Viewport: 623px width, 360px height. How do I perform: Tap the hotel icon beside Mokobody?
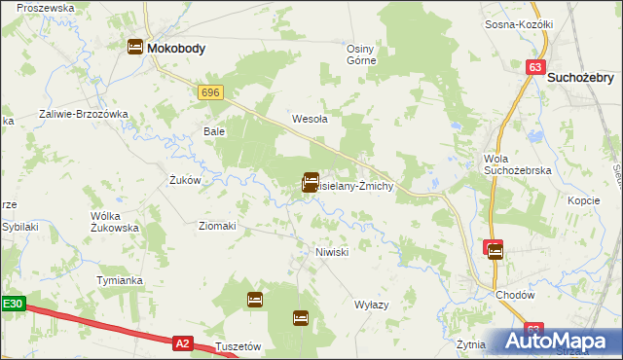point(134,47)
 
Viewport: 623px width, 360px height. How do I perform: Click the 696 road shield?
point(210,91)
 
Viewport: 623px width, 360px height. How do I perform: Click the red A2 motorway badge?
point(182,342)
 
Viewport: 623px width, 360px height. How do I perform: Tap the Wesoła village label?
point(310,120)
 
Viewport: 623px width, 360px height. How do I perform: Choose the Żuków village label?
point(184,180)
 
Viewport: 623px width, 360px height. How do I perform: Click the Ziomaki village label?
point(217,226)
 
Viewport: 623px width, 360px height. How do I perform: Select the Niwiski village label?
point(331,251)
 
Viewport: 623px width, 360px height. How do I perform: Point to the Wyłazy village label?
point(372,305)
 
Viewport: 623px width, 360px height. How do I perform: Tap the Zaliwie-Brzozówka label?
point(84,114)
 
